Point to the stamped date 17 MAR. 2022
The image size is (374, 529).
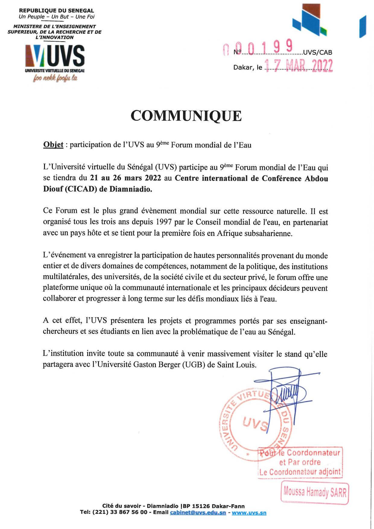click(298, 66)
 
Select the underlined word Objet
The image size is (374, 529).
click(53, 145)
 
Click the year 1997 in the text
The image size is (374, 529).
click(164, 222)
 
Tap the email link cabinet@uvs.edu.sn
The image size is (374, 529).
click(198, 513)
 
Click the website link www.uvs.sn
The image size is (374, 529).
click(249, 513)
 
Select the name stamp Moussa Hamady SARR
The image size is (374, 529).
click(315, 493)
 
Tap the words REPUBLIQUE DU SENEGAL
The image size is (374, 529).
click(56, 11)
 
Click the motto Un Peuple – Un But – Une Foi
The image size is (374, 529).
click(56, 17)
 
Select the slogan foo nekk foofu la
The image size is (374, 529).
click(55, 78)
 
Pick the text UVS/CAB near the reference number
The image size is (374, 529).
click(317, 52)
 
